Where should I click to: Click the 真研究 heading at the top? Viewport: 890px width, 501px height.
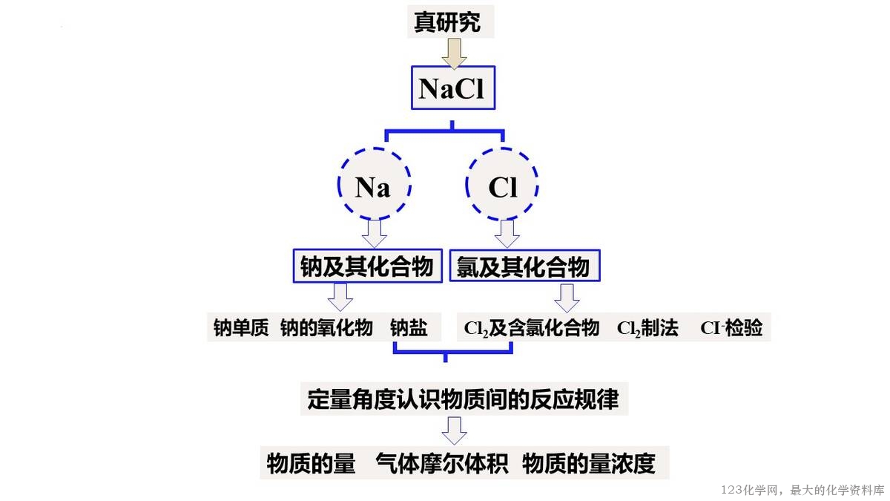pyautogui.click(x=447, y=22)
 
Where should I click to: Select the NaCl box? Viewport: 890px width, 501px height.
pyautogui.click(x=452, y=88)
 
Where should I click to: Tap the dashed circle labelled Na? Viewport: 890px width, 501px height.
pyautogui.click(x=374, y=186)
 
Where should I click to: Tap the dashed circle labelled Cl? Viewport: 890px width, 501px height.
pyautogui.click(x=503, y=186)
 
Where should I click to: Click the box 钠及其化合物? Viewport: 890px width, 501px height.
pyautogui.click(x=367, y=266)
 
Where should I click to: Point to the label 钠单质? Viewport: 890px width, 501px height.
pyautogui.click(x=240, y=327)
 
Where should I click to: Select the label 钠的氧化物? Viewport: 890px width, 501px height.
pyautogui.click(x=326, y=327)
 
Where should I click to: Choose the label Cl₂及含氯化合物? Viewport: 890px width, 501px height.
pyautogui.click(x=531, y=327)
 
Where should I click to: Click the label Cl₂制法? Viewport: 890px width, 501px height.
pyautogui.click(x=647, y=327)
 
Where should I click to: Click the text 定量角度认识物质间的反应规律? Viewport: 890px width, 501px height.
pyautogui.click(x=463, y=399)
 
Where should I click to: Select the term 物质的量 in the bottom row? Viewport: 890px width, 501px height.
pyautogui.click(x=311, y=463)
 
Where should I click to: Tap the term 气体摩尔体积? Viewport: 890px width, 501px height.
pyautogui.click(x=441, y=463)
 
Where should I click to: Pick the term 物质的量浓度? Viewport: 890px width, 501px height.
pyautogui.click(x=589, y=463)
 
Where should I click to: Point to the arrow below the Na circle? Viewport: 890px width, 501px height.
pyautogui.click(x=374, y=233)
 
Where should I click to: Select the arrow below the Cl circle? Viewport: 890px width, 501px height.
pyautogui.click(x=507, y=233)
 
